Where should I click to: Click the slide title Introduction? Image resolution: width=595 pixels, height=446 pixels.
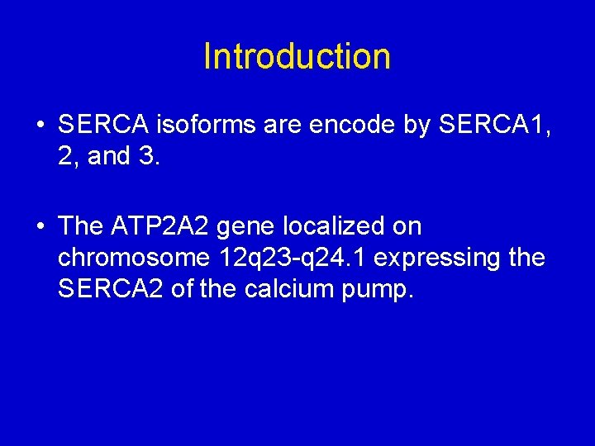297,56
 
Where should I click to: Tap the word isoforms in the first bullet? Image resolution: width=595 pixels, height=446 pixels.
196,126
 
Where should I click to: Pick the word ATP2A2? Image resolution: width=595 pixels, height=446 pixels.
170,226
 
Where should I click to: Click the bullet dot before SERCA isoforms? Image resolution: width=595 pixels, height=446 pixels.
40,126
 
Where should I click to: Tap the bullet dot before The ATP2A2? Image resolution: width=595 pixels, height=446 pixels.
40,227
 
